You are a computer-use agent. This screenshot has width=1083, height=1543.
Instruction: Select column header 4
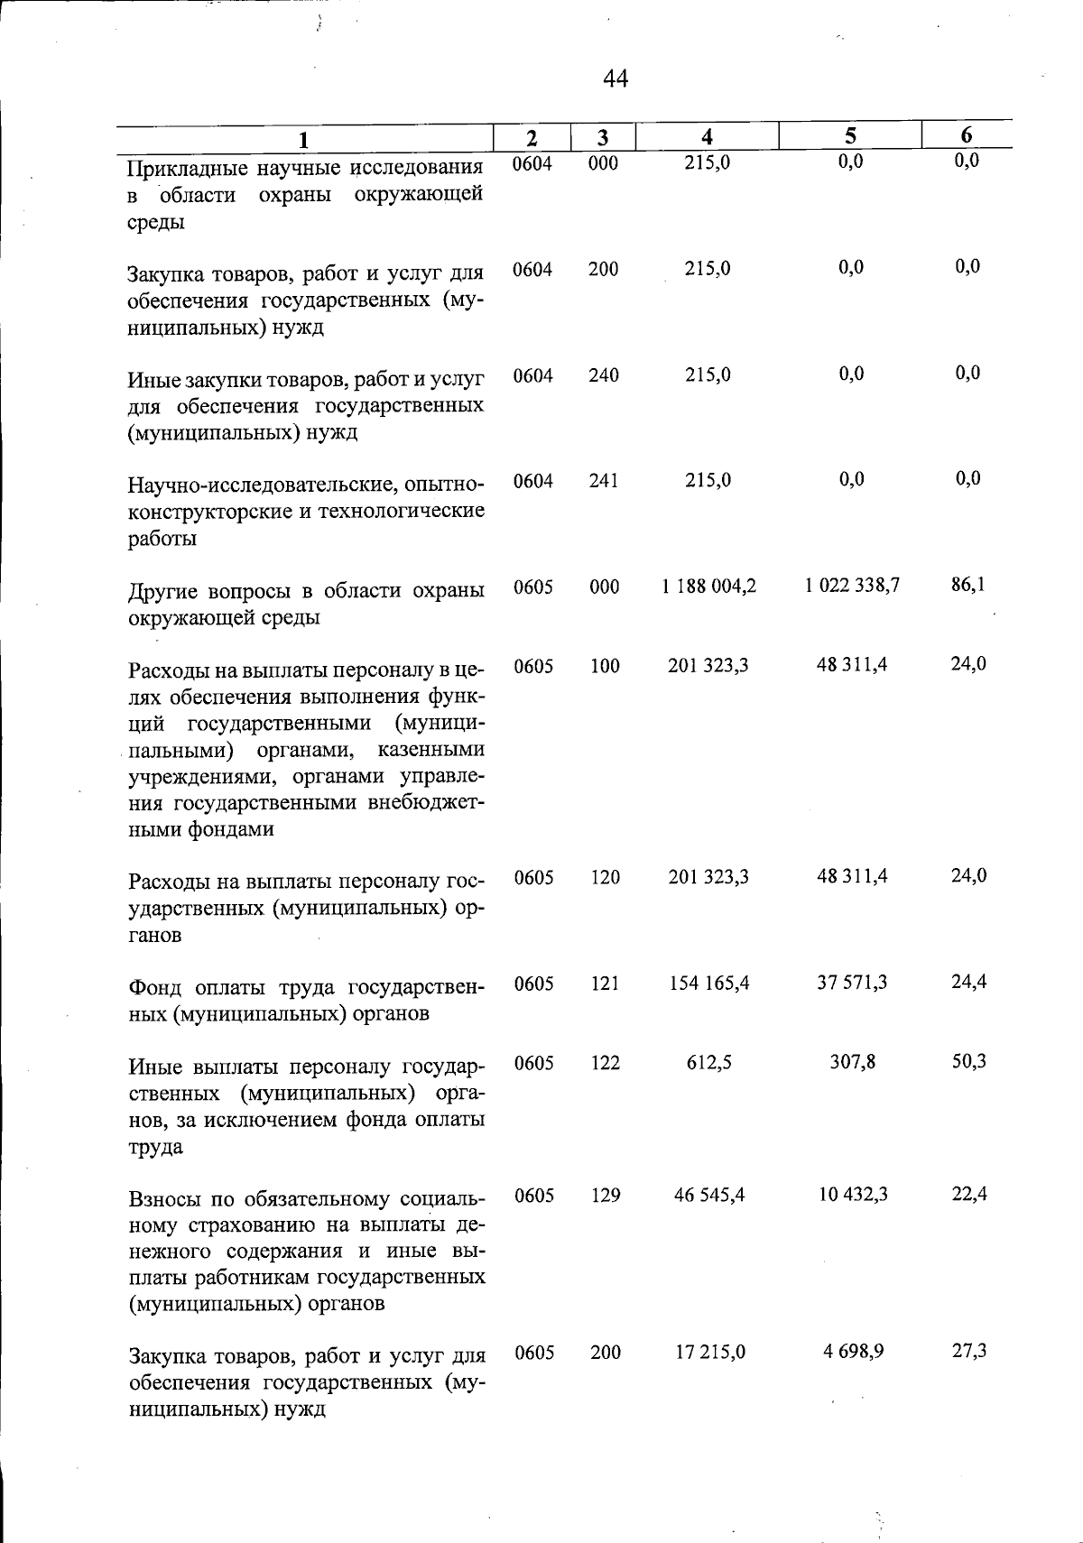708,137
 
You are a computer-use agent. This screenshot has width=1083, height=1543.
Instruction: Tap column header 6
966,135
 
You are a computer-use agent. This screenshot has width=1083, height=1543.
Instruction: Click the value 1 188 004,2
708,587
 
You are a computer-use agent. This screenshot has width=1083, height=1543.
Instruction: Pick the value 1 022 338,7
852,586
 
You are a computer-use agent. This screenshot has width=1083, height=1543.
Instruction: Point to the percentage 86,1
967,585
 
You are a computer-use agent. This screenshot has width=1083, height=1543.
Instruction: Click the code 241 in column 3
603,481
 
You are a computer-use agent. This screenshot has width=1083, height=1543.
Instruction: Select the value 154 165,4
708,983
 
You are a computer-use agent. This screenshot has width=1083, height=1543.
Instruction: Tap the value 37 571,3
852,982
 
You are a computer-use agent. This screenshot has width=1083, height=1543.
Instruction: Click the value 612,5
708,1063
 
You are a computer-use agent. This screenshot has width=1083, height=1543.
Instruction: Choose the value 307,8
852,1062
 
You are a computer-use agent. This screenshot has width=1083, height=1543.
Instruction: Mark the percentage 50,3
968,1061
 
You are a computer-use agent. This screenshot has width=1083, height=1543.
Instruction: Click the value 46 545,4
708,1196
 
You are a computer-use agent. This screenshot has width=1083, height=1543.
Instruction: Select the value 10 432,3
852,1195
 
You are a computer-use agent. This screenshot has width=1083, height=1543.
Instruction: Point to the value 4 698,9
852,1353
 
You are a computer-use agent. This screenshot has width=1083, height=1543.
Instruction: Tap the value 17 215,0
708,1353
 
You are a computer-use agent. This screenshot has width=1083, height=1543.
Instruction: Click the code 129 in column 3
605,1196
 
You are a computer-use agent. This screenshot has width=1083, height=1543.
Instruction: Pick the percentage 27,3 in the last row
968,1352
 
